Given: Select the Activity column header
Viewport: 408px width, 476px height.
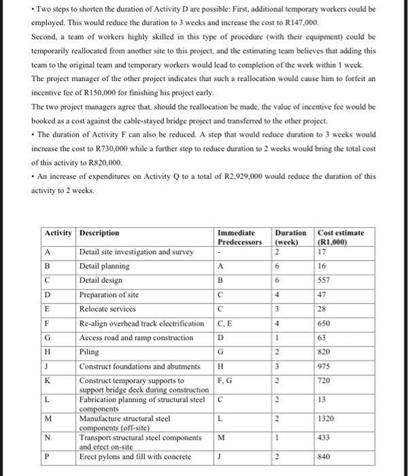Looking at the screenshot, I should tap(58, 233).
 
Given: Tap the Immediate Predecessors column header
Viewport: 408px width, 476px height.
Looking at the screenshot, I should tap(240, 237).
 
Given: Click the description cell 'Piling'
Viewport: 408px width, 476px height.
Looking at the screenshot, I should tap(89, 352).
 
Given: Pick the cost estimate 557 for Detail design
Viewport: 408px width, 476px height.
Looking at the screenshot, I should tap(325, 279).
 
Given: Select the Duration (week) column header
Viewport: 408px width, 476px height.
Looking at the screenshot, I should tap(289, 237).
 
